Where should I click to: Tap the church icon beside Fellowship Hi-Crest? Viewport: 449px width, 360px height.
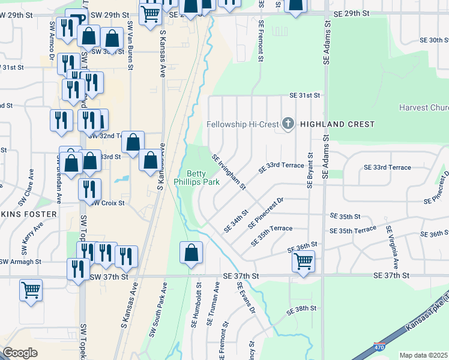coord(288,124)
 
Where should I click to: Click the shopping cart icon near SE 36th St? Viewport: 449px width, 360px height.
coord(304,262)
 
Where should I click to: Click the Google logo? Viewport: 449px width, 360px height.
coord(20,353)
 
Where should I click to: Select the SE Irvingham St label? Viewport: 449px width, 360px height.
coord(229,172)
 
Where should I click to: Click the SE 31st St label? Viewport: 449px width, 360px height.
coord(305,95)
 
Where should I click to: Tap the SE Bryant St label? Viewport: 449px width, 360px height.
coord(310,170)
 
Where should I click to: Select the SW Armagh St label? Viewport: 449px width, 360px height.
coord(20,262)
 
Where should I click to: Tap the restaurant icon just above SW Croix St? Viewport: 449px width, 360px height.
coord(89,189)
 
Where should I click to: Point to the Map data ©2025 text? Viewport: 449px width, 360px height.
coord(423,355)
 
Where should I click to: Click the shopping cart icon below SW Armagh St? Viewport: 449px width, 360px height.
coord(31,290)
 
